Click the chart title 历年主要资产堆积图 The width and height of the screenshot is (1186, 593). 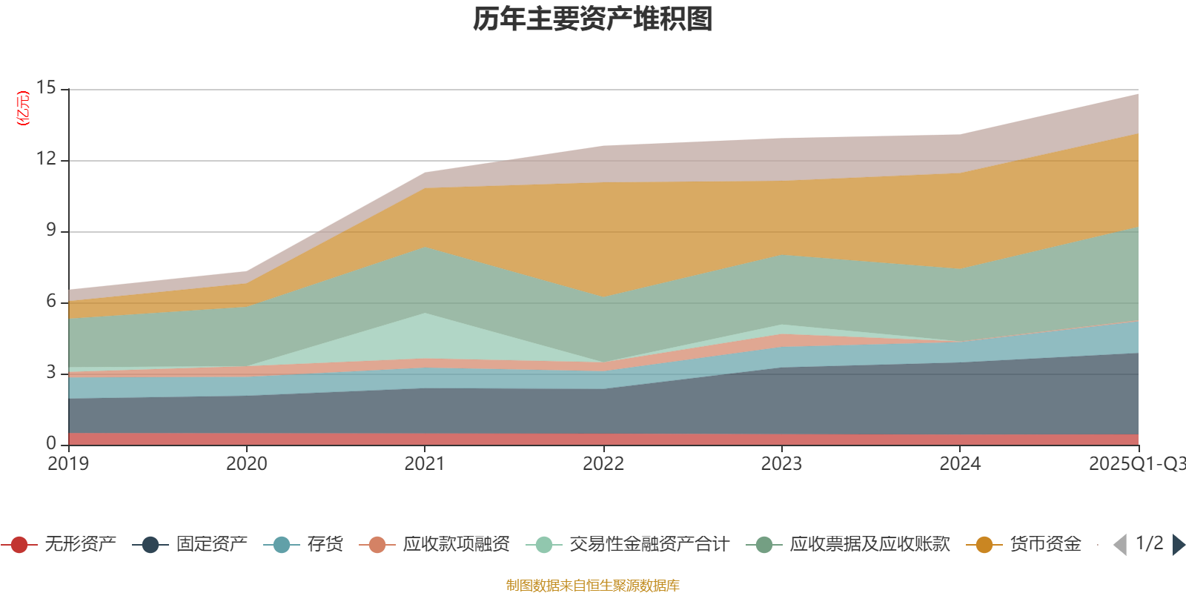[593, 19]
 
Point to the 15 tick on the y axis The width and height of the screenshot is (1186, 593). [46, 88]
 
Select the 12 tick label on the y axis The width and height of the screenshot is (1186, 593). [46, 159]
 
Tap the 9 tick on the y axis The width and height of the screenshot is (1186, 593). [50, 231]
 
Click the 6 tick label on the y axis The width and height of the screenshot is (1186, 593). [50, 302]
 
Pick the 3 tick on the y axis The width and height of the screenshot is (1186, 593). [50, 373]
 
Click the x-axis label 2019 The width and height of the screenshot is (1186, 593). [68, 464]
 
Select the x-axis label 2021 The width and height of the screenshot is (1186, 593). [424, 464]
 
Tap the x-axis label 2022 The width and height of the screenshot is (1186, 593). [603, 464]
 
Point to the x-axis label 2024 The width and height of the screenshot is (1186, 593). [960, 464]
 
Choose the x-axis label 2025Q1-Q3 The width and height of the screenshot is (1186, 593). [1136, 464]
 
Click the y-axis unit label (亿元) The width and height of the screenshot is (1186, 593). [23, 108]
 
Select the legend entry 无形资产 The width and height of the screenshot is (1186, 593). [59, 545]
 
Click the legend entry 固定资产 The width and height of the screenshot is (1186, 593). [191, 545]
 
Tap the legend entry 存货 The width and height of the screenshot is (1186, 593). [305, 545]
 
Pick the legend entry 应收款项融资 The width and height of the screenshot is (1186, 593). [435, 545]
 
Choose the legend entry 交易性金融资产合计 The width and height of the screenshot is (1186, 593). [629, 545]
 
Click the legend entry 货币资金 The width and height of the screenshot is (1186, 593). [1024, 545]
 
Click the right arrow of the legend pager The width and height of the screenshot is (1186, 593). [1178, 545]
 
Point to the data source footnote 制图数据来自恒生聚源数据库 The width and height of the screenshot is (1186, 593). [592, 586]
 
